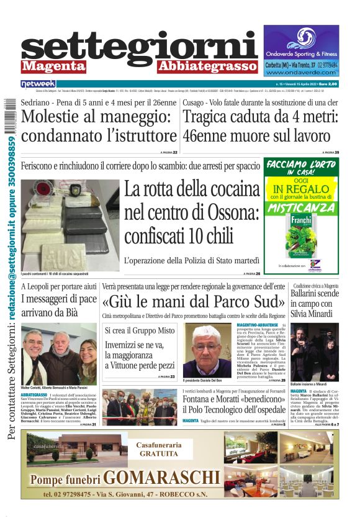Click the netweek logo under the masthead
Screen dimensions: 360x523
[38, 83]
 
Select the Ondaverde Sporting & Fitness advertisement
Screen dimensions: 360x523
[301, 50]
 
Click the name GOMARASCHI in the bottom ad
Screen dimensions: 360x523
[159, 478]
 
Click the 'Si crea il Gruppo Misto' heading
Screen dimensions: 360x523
[140, 330]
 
